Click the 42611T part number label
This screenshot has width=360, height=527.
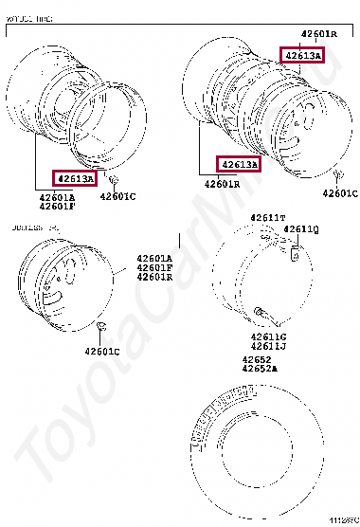click(x=268, y=218)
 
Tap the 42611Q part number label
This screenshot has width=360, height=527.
click(x=302, y=228)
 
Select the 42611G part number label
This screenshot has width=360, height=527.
click(x=269, y=336)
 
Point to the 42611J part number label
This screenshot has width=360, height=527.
click(x=269, y=346)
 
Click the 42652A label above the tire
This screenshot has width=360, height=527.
click(x=260, y=369)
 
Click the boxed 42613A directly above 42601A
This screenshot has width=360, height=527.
click(x=75, y=178)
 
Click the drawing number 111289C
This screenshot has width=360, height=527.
click(x=342, y=520)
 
